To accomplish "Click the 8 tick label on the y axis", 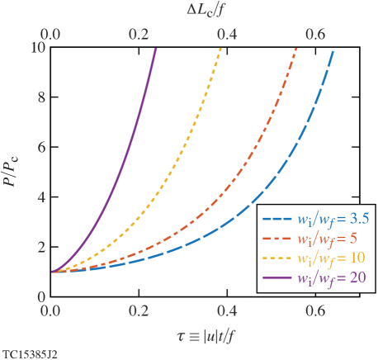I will pos(38,97).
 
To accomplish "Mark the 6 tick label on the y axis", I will pos(38,147).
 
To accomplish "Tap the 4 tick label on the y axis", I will pos(38,197).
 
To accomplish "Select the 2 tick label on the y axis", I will pos(38,247).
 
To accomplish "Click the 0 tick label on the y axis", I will pos(38,296).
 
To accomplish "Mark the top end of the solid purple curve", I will pos(155,50).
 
